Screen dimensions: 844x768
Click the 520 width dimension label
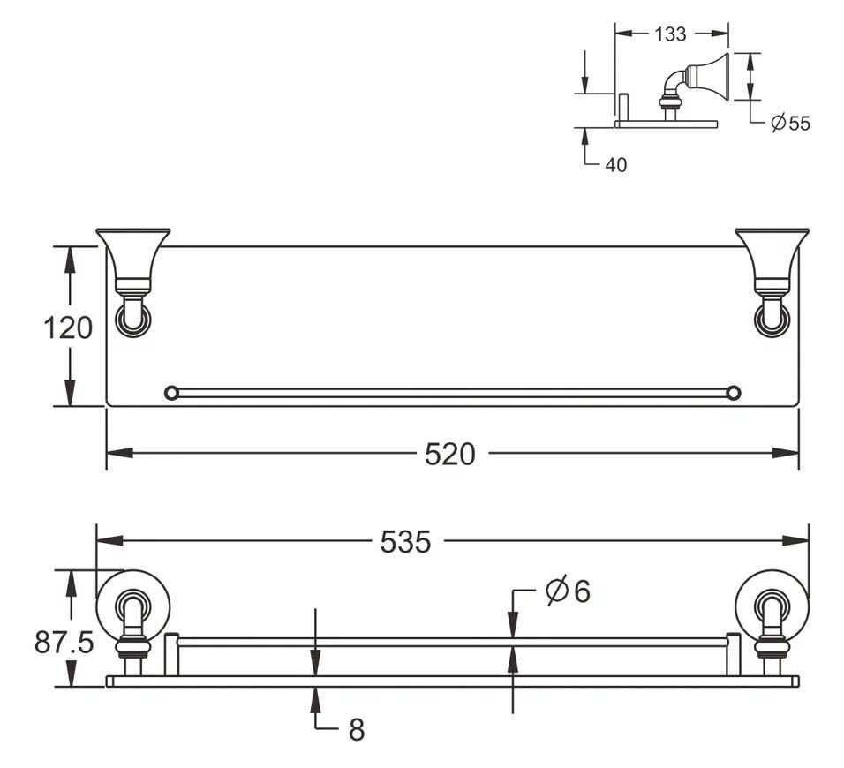[450, 454]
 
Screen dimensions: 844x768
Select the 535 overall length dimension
[405, 542]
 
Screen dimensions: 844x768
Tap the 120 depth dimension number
[68, 328]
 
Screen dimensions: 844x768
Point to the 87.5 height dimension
[64, 642]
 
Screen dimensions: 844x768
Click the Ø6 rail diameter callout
[568, 591]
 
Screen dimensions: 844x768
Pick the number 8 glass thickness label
[357, 730]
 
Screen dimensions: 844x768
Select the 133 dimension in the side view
[670, 34]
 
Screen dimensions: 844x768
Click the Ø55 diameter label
[790, 124]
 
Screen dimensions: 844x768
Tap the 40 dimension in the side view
[615, 165]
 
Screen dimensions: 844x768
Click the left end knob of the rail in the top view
[171, 393]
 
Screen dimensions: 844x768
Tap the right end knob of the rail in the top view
[733, 393]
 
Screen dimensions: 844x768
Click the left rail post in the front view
[171, 654]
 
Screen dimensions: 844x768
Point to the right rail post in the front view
[733, 654]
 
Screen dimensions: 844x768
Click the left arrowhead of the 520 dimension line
[119, 453]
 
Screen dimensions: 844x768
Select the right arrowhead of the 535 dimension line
[796, 541]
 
